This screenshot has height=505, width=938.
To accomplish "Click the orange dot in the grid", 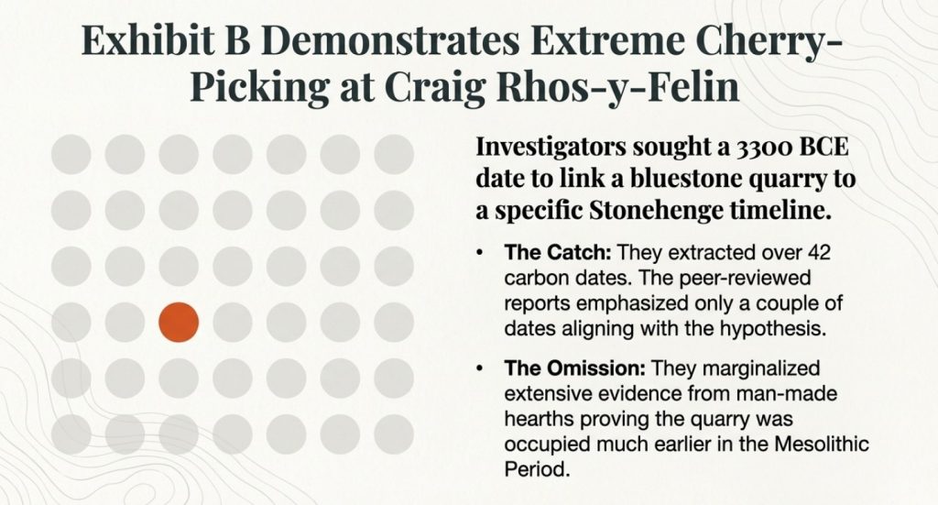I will tap(179, 323).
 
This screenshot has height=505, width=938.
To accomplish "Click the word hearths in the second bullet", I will tap(540, 418).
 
